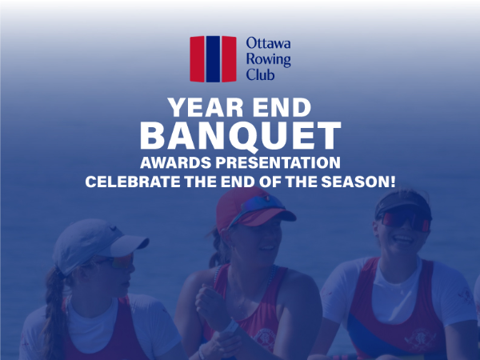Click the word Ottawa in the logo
(x=268, y=43)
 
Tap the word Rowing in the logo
(x=268, y=59)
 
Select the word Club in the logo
(x=260, y=74)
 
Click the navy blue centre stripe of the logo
(x=213, y=59)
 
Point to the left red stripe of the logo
(x=197, y=59)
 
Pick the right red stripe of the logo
(x=229, y=59)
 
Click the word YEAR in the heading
(x=206, y=108)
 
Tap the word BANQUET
(x=240, y=136)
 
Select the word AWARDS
(x=176, y=162)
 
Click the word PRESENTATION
(x=278, y=162)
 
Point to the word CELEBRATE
(x=133, y=182)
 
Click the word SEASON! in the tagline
(x=358, y=182)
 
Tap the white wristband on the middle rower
(x=230, y=326)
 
